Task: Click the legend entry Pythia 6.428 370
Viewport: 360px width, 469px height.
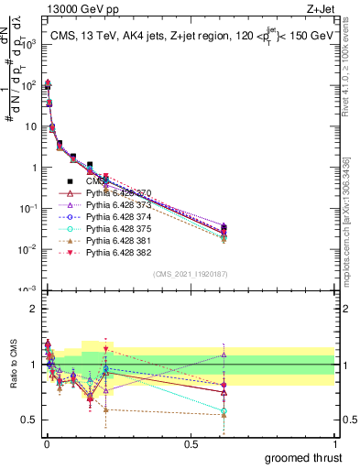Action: click(110, 193)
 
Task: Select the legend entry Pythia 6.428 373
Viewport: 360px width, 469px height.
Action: click(110, 205)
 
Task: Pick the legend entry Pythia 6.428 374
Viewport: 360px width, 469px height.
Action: click(110, 217)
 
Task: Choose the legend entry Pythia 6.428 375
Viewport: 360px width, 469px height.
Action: click(110, 229)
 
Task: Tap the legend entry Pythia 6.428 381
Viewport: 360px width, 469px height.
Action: click(110, 241)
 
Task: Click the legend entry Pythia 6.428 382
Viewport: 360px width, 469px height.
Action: click(110, 253)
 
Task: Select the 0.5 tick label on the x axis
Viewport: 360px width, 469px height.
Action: click(191, 443)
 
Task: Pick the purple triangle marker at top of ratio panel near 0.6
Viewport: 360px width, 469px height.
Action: click(224, 354)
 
